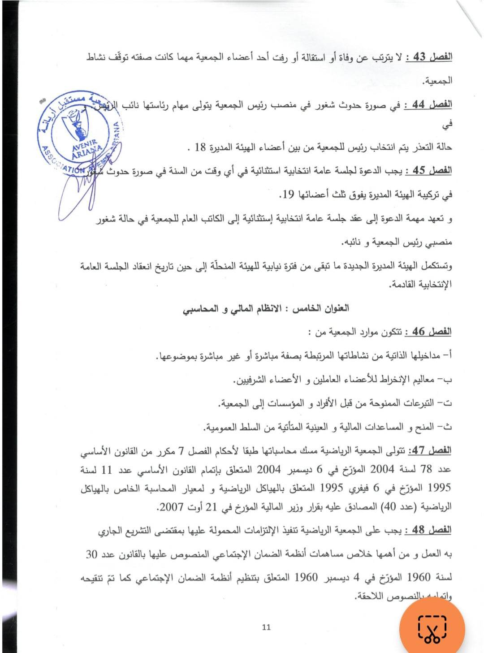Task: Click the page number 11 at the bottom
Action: [x=266, y=627]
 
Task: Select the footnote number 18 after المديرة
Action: [x=200, y=147]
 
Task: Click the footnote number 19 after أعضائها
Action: [x=288, y=195]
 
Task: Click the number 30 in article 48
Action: [x=92, y=554]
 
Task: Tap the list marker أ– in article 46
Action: [x=446, y=355]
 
